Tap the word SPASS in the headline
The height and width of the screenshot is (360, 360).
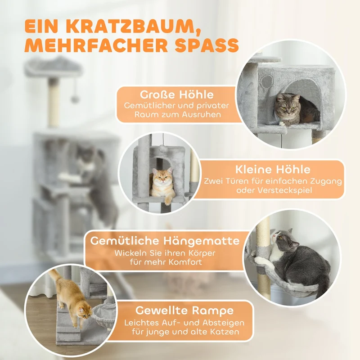(x=207, y=46)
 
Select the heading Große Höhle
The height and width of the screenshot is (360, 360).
(x=177, y=94)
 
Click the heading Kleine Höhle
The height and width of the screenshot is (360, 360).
(x=273, y=170)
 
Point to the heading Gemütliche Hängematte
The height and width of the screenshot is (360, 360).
(x=165, y=241)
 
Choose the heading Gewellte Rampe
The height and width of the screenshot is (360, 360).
(x=184, y=310)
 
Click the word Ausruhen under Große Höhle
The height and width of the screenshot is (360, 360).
(x=201, y=114)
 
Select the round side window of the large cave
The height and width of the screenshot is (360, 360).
(x=267, y=81)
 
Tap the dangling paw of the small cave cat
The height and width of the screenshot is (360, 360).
(x=167, y=200)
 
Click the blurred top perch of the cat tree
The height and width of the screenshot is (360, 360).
(x=53, y=67)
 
